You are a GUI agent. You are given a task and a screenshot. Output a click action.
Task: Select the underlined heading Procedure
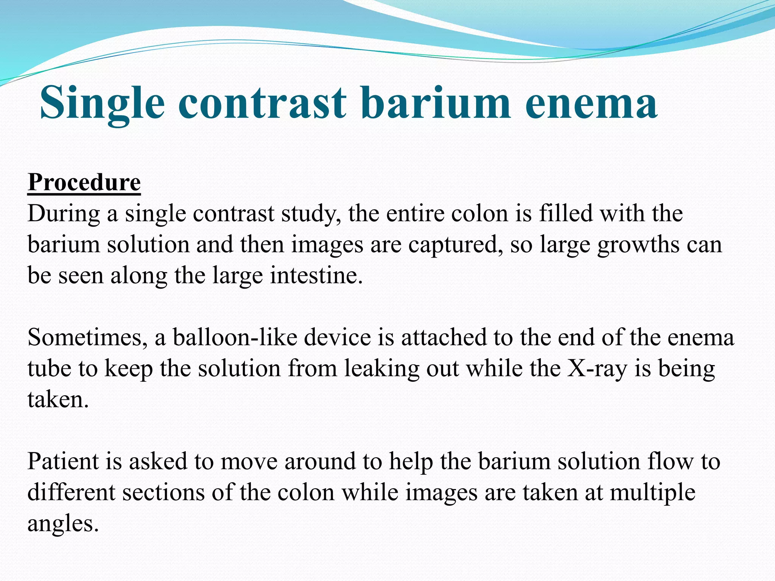point(84,183)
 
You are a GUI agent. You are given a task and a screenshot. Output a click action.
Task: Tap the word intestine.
point(316,275)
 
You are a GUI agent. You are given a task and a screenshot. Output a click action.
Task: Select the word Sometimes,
point(87,337)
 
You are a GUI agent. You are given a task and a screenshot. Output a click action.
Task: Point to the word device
point(337,337)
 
